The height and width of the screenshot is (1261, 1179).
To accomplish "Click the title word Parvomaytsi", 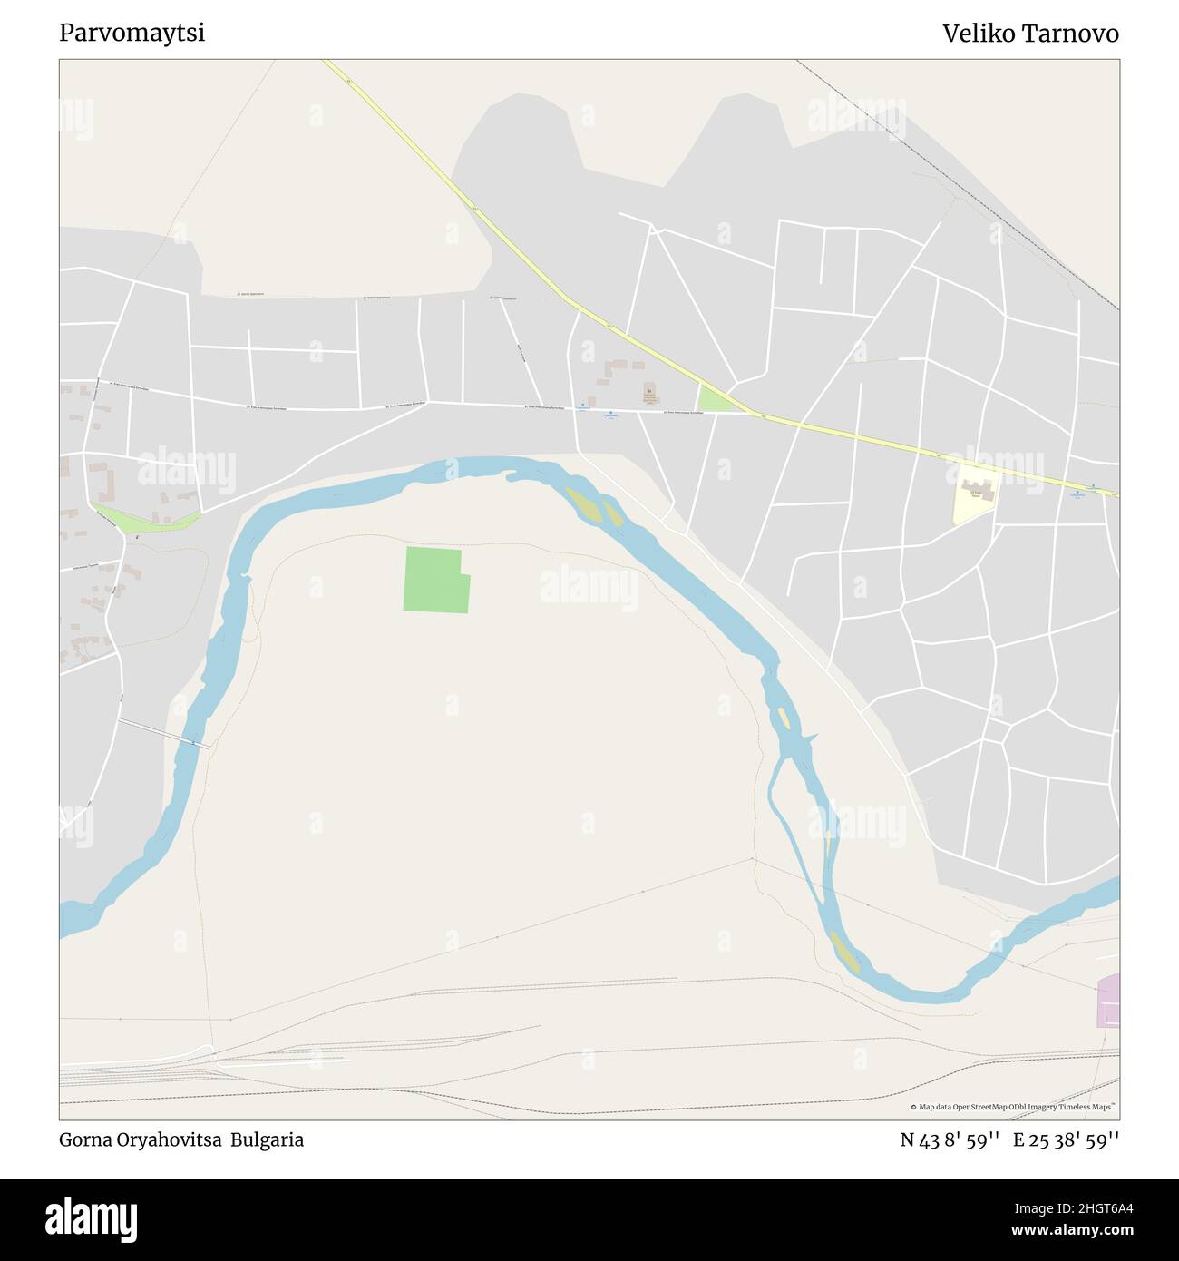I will [x=132, y=34].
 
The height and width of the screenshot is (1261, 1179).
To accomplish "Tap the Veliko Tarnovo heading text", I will [x=1030, y=34].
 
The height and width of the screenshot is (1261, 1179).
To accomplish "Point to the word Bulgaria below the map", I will [x=267, y=1140].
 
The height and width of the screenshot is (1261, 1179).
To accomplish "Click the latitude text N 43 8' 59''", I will [x=950, y=1140].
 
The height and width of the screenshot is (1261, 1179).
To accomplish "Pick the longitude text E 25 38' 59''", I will [x=1066, y=1140].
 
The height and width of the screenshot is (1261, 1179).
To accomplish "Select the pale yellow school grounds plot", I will [x=974, y=495].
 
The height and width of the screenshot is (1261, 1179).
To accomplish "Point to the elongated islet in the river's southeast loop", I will [x=845, y=953].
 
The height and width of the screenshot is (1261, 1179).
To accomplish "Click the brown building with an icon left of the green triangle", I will [x=649, y=395].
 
